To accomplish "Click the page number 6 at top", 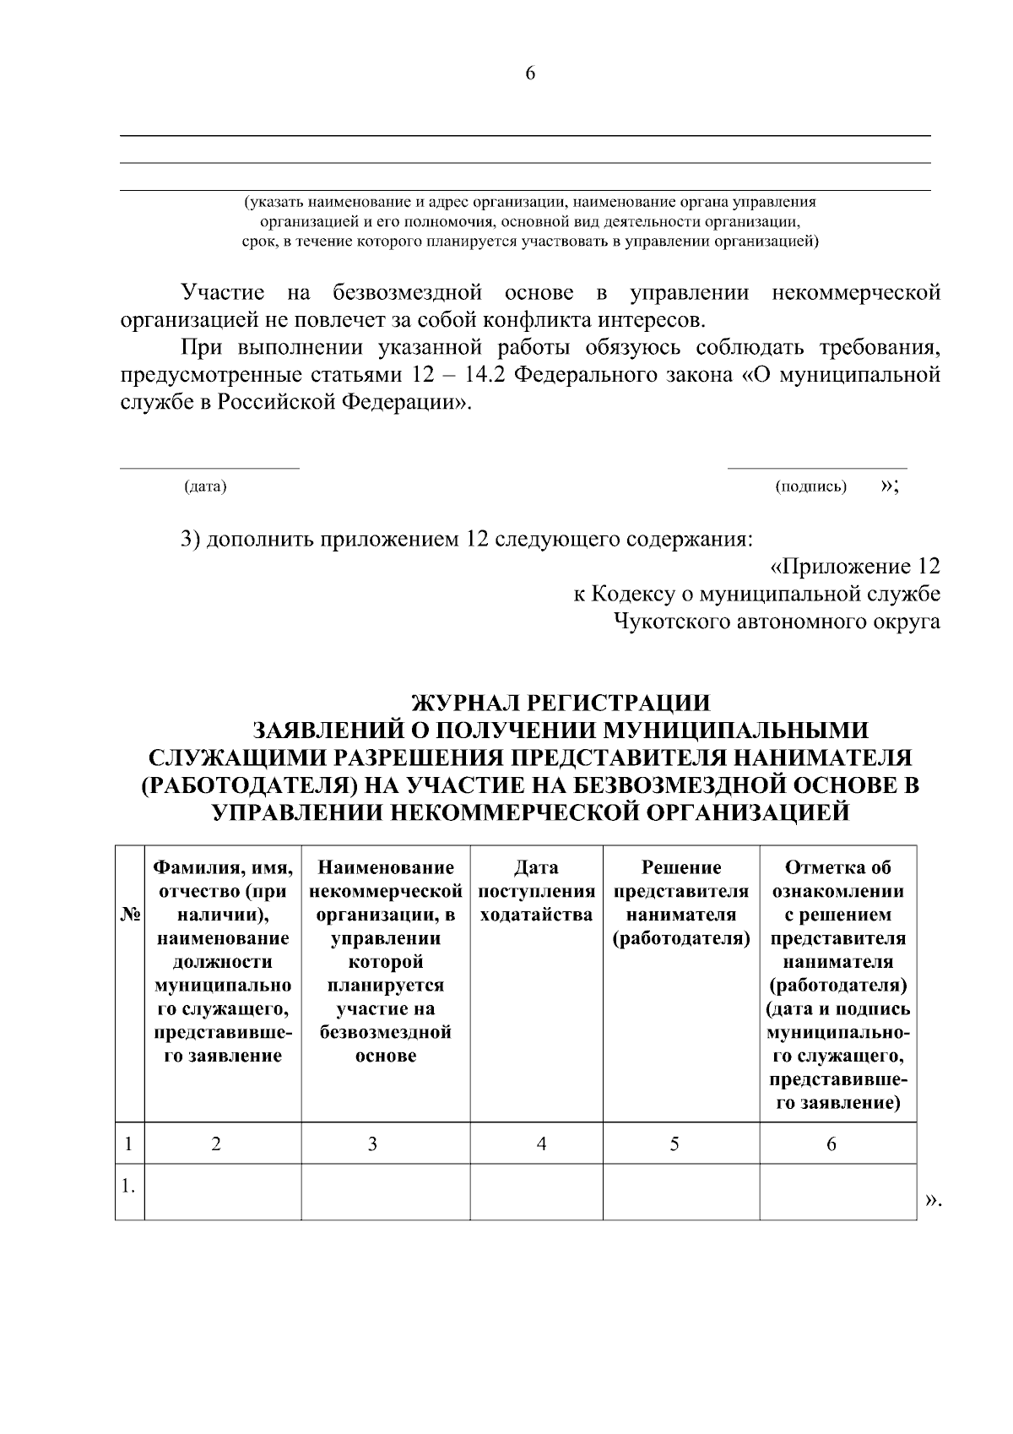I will (530, 73).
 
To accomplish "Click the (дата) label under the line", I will (205, 487).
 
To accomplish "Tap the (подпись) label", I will (810, 487).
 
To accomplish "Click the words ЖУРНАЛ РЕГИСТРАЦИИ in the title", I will (561, 703).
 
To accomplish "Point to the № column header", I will (130, 915).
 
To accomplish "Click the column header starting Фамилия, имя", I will (223, 961).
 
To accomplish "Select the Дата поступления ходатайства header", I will (536, 892).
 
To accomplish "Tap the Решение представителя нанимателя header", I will (681, 903).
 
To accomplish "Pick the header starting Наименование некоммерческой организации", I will (386, 961).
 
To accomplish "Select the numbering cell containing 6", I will (832, 1143).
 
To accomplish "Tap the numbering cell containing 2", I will (216, 1143).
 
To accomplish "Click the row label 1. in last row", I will (128, 1187).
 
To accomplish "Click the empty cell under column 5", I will (681, 1192).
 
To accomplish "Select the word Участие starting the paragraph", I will (223, 293).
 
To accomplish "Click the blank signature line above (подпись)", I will (817, 467).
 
